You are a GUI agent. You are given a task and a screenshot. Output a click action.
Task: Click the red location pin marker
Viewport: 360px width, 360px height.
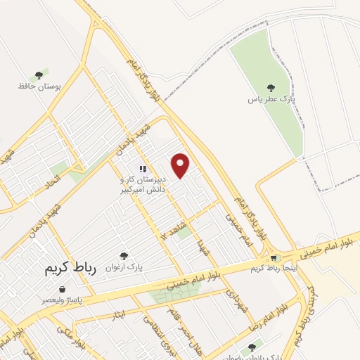click(181, 165)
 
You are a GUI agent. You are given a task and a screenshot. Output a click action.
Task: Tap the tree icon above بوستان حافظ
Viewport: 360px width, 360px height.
click(39, 75)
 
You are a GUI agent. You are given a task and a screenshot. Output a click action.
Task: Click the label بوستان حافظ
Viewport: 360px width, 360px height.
click(39, 86)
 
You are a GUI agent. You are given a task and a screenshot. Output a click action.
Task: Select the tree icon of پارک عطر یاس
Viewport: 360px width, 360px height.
click(271, 89)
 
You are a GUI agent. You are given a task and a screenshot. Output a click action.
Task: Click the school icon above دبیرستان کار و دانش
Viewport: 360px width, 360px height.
click(143, 169)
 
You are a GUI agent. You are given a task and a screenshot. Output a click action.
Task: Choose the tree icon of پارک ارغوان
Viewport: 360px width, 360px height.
click(124, 256)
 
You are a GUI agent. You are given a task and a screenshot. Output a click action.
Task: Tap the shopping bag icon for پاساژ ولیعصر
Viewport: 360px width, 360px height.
click(63, 289)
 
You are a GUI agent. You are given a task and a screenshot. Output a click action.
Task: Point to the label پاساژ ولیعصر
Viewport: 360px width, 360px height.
click(63, 300)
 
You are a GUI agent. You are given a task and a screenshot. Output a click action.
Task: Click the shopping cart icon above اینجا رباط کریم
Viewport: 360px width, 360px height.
click(274, 257)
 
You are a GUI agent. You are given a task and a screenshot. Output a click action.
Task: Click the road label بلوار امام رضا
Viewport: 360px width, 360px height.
click(265, 319)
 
